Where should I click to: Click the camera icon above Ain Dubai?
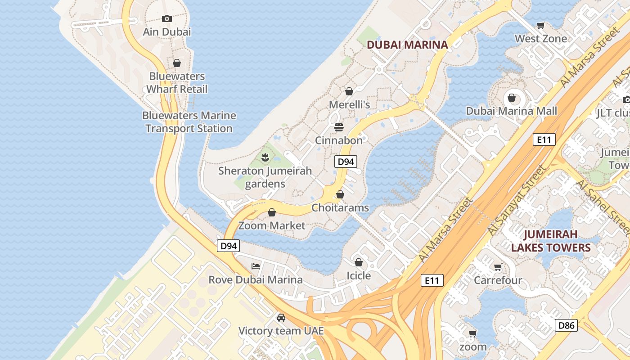coord(167,18)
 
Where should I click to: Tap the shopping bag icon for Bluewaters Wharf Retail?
coord(177,63)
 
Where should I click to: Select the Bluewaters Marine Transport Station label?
coord(189,122)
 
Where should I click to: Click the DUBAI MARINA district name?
coord(407,45)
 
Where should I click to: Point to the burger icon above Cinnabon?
coord(339,127)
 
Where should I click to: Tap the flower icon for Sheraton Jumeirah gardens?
coord(265,157)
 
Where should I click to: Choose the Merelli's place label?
coord(349,105)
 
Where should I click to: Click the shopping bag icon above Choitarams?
coord(340,194)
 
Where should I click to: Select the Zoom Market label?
coord(272,225)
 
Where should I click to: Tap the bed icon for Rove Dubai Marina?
coord(256,266)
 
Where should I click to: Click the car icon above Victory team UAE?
coord(281,318)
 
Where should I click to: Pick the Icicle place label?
coord(359,275)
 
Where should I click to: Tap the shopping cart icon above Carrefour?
coord(498,267)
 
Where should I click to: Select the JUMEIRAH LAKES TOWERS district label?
coord(551,241)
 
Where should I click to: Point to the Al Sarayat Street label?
coord(517,200)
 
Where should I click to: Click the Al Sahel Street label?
coord(603,207)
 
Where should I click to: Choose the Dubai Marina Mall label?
coord(511,111)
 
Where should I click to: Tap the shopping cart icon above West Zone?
coord(541,26)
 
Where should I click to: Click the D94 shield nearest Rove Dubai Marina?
coord(229,246)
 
